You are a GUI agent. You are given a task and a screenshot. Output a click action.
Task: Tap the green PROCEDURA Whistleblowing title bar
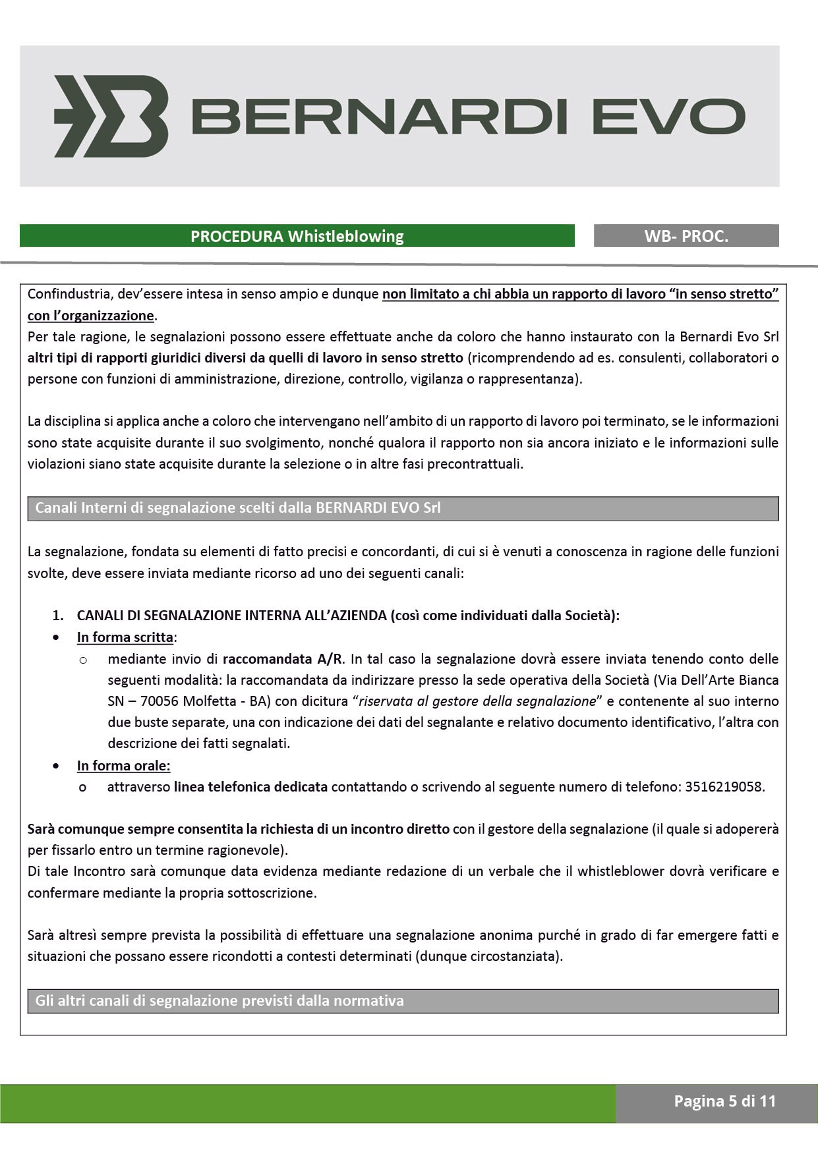pos(297,236)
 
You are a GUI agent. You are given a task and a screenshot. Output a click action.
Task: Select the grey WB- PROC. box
pos(686,236)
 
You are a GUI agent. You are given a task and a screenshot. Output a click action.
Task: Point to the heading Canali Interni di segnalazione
pos(237,508)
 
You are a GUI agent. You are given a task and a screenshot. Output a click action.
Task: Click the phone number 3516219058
pos(724,786)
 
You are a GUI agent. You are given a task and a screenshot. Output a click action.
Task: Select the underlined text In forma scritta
pos(125,637)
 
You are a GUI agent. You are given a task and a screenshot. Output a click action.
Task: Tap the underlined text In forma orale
pos(123,765)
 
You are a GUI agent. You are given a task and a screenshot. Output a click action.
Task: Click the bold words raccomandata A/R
pos(283,658)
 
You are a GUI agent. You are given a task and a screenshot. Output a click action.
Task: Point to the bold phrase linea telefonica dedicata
pos(250,786)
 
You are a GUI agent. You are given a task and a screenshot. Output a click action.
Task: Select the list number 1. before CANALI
pos(58,616)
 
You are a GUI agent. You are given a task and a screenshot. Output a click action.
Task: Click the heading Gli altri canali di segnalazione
pos(219,1000)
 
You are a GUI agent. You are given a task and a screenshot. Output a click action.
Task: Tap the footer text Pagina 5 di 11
pos(724,1101)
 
